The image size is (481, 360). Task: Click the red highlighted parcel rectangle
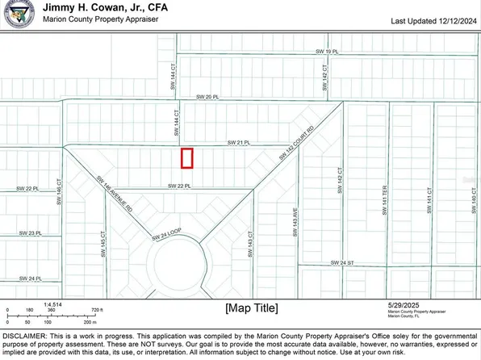(x=187, y=158)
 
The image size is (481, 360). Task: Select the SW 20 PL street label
(x=208, y=98)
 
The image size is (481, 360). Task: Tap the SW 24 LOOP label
(x=167, y=237)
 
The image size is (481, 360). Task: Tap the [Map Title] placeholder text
(x=251, y=308)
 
